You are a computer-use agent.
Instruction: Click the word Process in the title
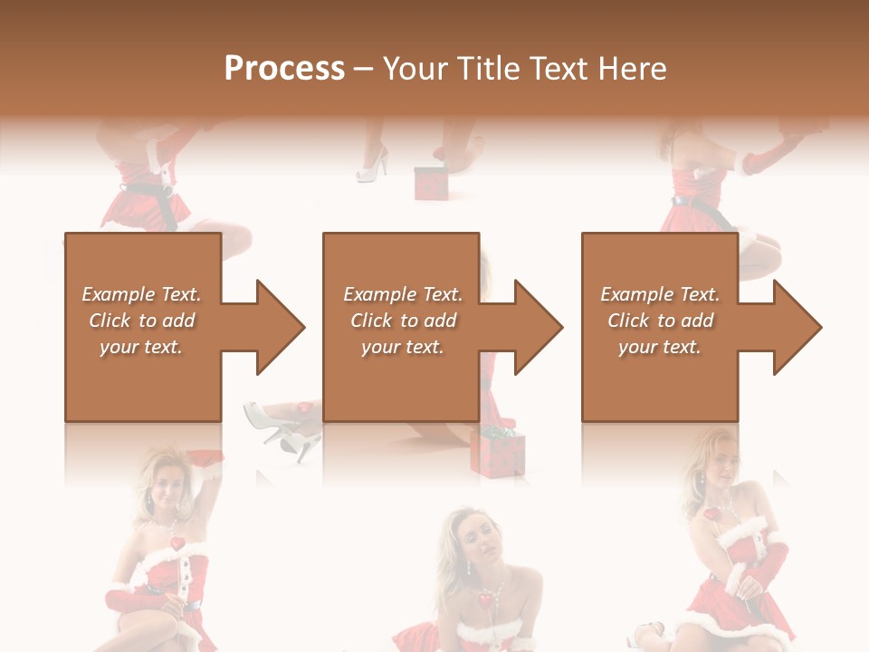284,69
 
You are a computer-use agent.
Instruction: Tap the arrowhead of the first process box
276,327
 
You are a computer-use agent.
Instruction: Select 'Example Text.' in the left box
142,294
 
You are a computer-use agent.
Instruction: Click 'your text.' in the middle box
402,347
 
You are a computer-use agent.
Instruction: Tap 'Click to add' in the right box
660,321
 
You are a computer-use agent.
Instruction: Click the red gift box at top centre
431,182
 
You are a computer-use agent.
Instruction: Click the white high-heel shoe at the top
373,166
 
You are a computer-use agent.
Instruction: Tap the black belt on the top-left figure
155,197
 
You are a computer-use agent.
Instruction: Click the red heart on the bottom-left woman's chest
177,544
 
